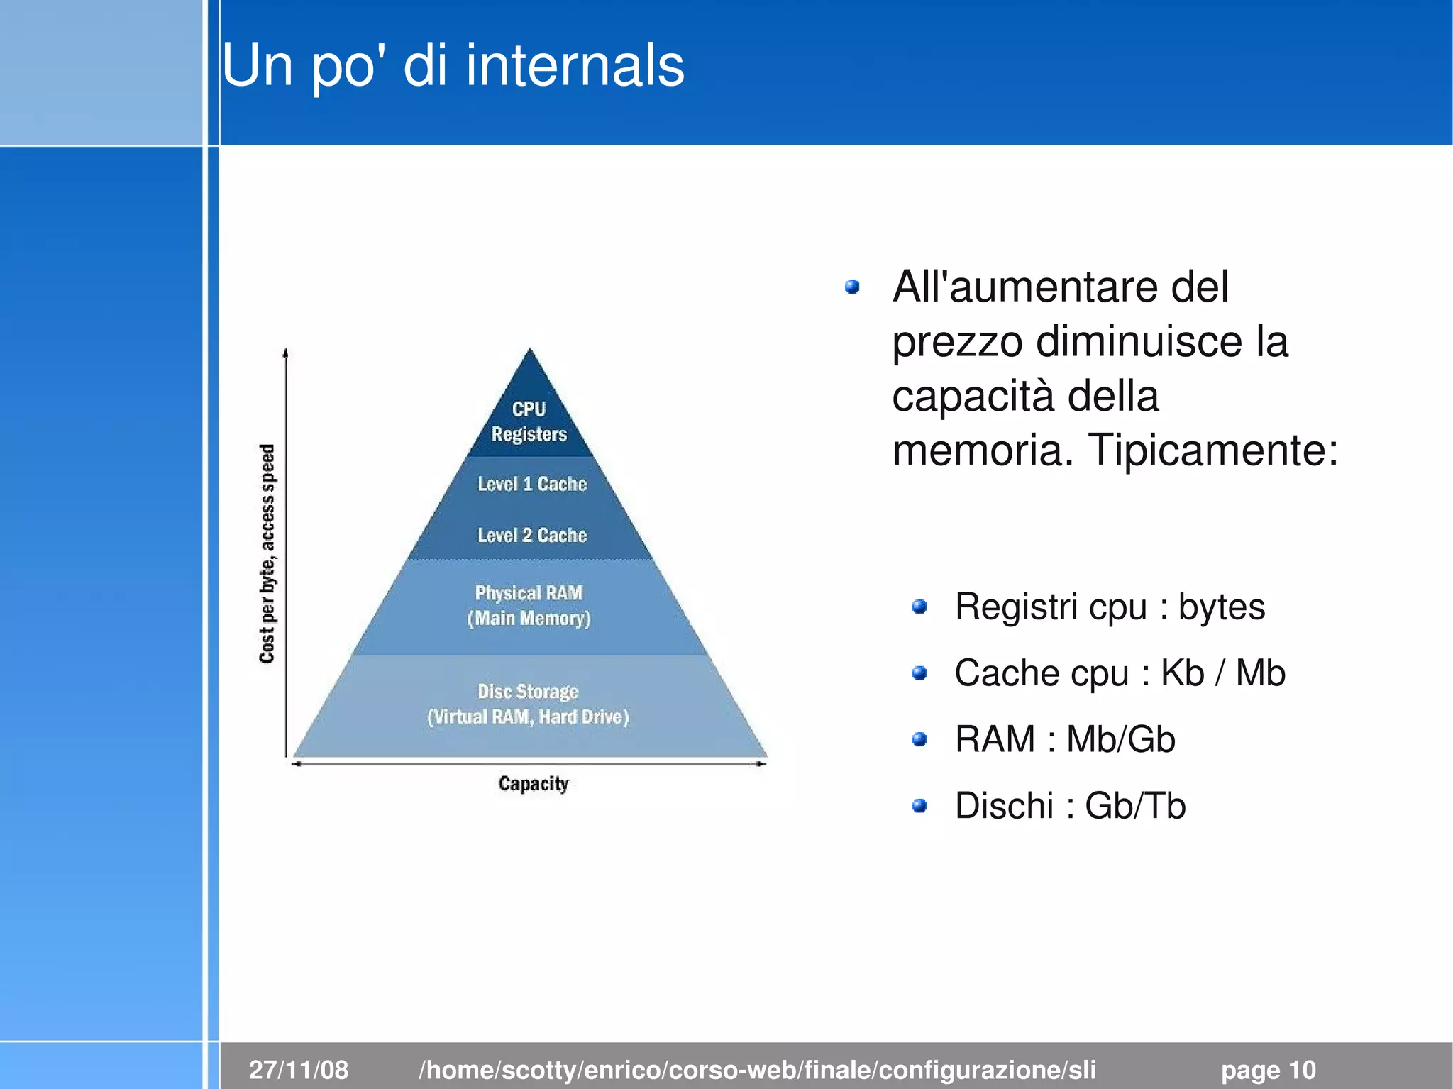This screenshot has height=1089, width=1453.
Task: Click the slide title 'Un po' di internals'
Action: tap(453, 65)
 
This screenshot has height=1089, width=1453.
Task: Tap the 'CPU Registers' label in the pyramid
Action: tap(529, 421)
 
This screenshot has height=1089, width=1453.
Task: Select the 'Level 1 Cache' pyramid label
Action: tap(532, 484)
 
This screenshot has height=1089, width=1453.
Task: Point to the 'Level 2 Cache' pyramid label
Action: tap(532, 535)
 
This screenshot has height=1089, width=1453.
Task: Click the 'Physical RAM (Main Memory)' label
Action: tap(529, 605)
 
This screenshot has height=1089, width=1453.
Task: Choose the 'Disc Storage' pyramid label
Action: tap(528, 691)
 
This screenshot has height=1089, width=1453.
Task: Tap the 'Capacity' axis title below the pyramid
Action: tap(534, 783)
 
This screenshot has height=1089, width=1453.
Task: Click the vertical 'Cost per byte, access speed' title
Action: tap(267, 553)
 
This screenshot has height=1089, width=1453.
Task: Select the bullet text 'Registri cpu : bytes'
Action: tap(1110, 607)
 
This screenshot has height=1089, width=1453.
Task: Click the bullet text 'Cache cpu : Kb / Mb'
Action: tap(1120, 673)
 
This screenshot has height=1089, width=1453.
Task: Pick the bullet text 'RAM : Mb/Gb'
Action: tap(1065, 739)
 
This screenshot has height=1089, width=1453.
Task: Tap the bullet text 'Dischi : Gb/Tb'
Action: tap(1070, 806)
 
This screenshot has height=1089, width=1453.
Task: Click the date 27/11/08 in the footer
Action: tap(299, 1069)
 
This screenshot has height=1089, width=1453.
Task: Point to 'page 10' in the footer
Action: tap(1268, 1069)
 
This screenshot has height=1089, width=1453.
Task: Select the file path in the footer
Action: tap(757, 1069)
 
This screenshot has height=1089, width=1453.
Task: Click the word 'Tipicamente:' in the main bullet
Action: tap(1213, 450)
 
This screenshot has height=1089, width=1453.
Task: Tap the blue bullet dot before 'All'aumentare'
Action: tap(853, 287)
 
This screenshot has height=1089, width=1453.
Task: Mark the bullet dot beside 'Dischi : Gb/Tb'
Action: tap(919, 806)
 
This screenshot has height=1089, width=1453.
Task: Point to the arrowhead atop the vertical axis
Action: tap(285, 352)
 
